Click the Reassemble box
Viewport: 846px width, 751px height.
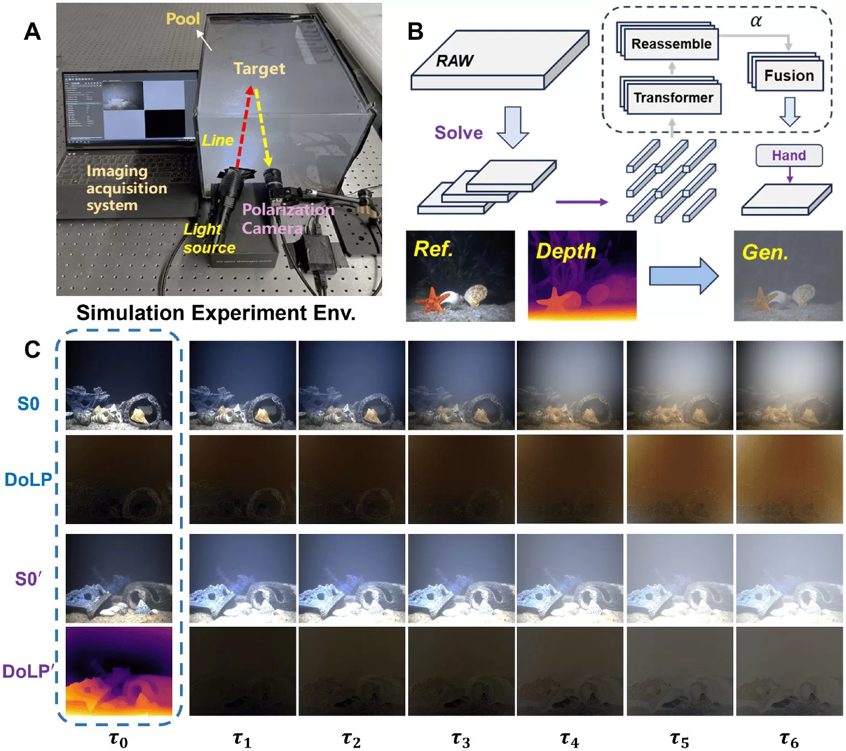(671, 44)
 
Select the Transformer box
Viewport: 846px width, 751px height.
(673, 98)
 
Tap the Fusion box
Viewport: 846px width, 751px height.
(789, 76)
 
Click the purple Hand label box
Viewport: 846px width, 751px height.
(789, 156)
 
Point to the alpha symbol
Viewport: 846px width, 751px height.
(756, 22)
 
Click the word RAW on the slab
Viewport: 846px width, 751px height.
(454, 61)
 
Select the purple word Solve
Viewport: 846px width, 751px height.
(458, 133)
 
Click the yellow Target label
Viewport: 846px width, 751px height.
(259, 68)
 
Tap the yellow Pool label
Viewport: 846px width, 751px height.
(183, 19)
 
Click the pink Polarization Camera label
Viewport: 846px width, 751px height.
(288, 219)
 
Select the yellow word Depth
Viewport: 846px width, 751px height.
(566, 251)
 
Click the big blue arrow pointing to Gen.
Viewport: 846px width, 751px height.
(684, 275)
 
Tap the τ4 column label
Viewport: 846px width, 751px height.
(569, 739)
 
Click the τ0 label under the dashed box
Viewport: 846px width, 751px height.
(119, 739)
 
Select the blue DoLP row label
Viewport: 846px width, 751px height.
(28, 479)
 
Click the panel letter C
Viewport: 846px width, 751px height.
(32, 350)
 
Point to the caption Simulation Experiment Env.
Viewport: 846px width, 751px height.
(216, 313)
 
